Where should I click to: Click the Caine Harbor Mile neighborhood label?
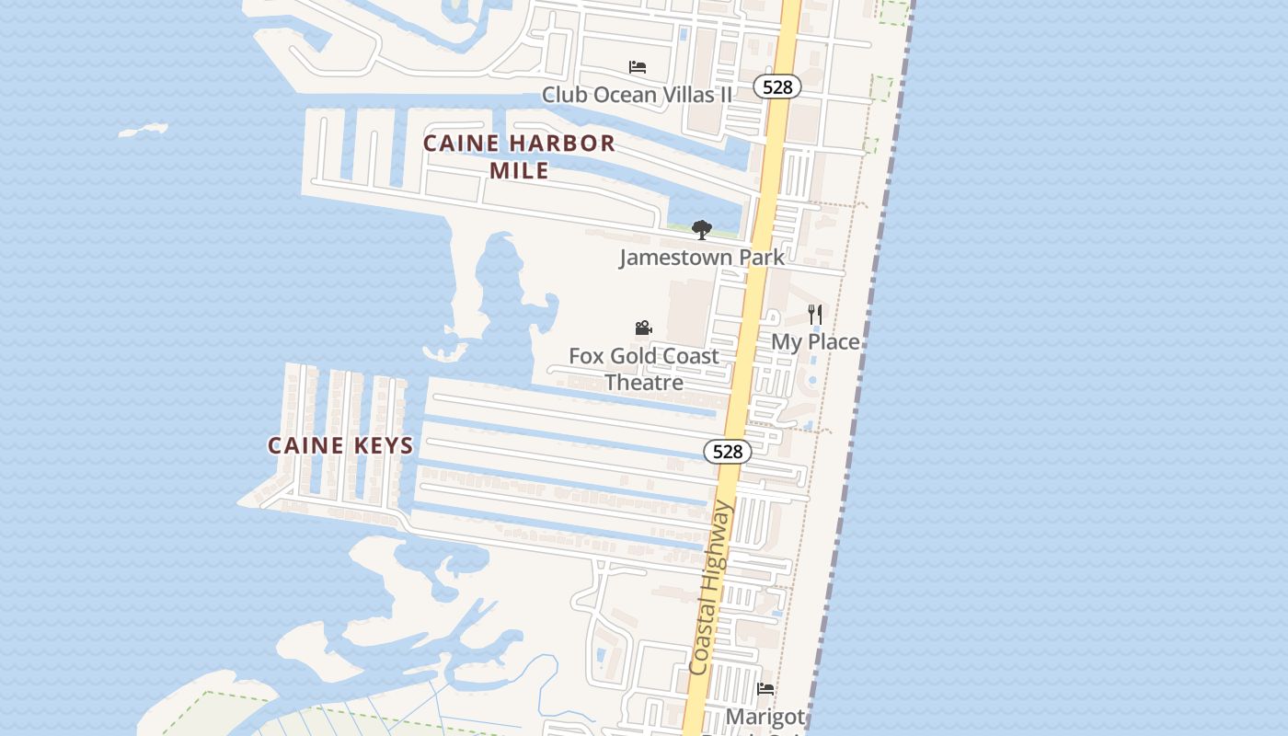coord(519,156)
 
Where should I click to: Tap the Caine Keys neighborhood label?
coord(340,446)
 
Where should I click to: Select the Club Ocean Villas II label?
coord(637,94)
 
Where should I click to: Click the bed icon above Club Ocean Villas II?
coord(637,67)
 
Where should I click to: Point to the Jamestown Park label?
coord(702,257)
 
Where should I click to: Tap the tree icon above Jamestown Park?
coord(702,230)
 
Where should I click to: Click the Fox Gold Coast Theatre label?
coord(644,368)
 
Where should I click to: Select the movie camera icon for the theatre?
coord(643,328)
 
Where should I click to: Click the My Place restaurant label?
coord(815,341)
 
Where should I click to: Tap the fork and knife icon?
coord(815,315)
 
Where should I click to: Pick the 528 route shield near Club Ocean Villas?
coord(777,87)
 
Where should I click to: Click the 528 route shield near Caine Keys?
coord(728,452)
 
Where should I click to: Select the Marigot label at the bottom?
coord(765,716)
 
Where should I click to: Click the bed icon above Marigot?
coord(765,689)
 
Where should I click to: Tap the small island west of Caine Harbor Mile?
coord(144,130)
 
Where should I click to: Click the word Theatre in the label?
coord(644,382)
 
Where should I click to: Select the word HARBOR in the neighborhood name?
coord(561,144)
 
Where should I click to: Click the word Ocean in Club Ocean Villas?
coord(625,94)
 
